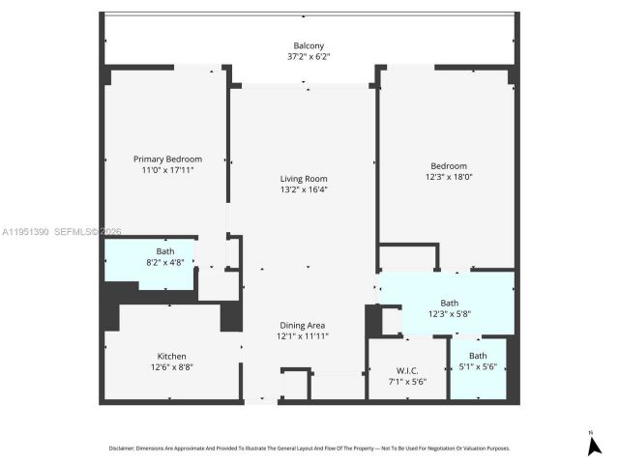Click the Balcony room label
[309, 45]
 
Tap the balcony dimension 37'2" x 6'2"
[309, 56]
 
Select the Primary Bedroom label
[167, 159]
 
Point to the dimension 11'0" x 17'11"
[167, 169]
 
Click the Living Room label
[304, 178]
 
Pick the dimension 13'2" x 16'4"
[304, 189]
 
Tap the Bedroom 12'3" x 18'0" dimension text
[448, 176]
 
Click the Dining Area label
[304, 325]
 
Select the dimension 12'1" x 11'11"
[304, 335]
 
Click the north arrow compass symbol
[594, 445]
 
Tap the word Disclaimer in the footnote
[127, 449]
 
